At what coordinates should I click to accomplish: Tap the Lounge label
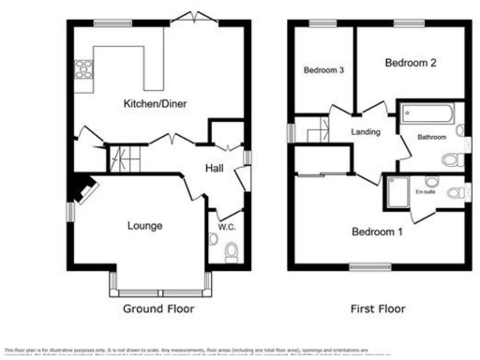pos(145,225)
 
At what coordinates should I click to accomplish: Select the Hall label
pos(214,168)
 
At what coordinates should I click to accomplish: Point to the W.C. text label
pos(226,225)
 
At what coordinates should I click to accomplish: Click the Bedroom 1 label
pos(377,232)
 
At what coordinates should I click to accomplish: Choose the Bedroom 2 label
pos(411,63)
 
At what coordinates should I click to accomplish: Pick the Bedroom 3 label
pos(322,69)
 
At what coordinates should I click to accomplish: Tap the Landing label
pos(365,132)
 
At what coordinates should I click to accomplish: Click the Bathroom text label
pos(431,138)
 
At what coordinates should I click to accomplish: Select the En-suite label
pos(426,192)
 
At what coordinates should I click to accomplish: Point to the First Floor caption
pos(378,307)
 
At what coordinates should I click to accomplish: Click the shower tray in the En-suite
pos(396,192)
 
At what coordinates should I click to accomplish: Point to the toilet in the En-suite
pos(455,194)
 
